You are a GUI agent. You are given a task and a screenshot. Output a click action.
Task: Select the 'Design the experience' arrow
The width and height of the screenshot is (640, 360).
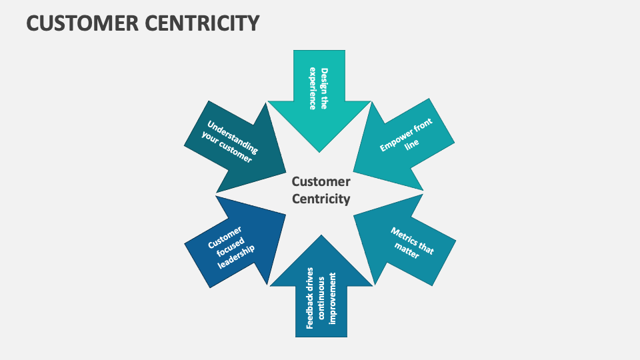pyautogui.click(x=319, y=100)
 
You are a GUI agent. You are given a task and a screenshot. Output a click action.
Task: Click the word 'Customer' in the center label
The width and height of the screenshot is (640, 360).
pyautogui.click(x=321, y=181)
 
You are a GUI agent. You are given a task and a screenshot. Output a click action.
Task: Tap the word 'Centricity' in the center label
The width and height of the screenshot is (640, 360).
pyautogui.click(x=321, y=199)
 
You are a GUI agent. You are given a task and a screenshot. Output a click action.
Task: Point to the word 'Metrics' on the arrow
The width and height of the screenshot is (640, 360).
pyautogui.click(x=405, y=235)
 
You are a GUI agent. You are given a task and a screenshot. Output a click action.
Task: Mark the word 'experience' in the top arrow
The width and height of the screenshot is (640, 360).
pyautogui.click(x=313, y=88)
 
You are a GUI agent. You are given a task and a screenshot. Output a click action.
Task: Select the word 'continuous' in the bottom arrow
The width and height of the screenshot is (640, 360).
pyautogui.click(x=322, y=297)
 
